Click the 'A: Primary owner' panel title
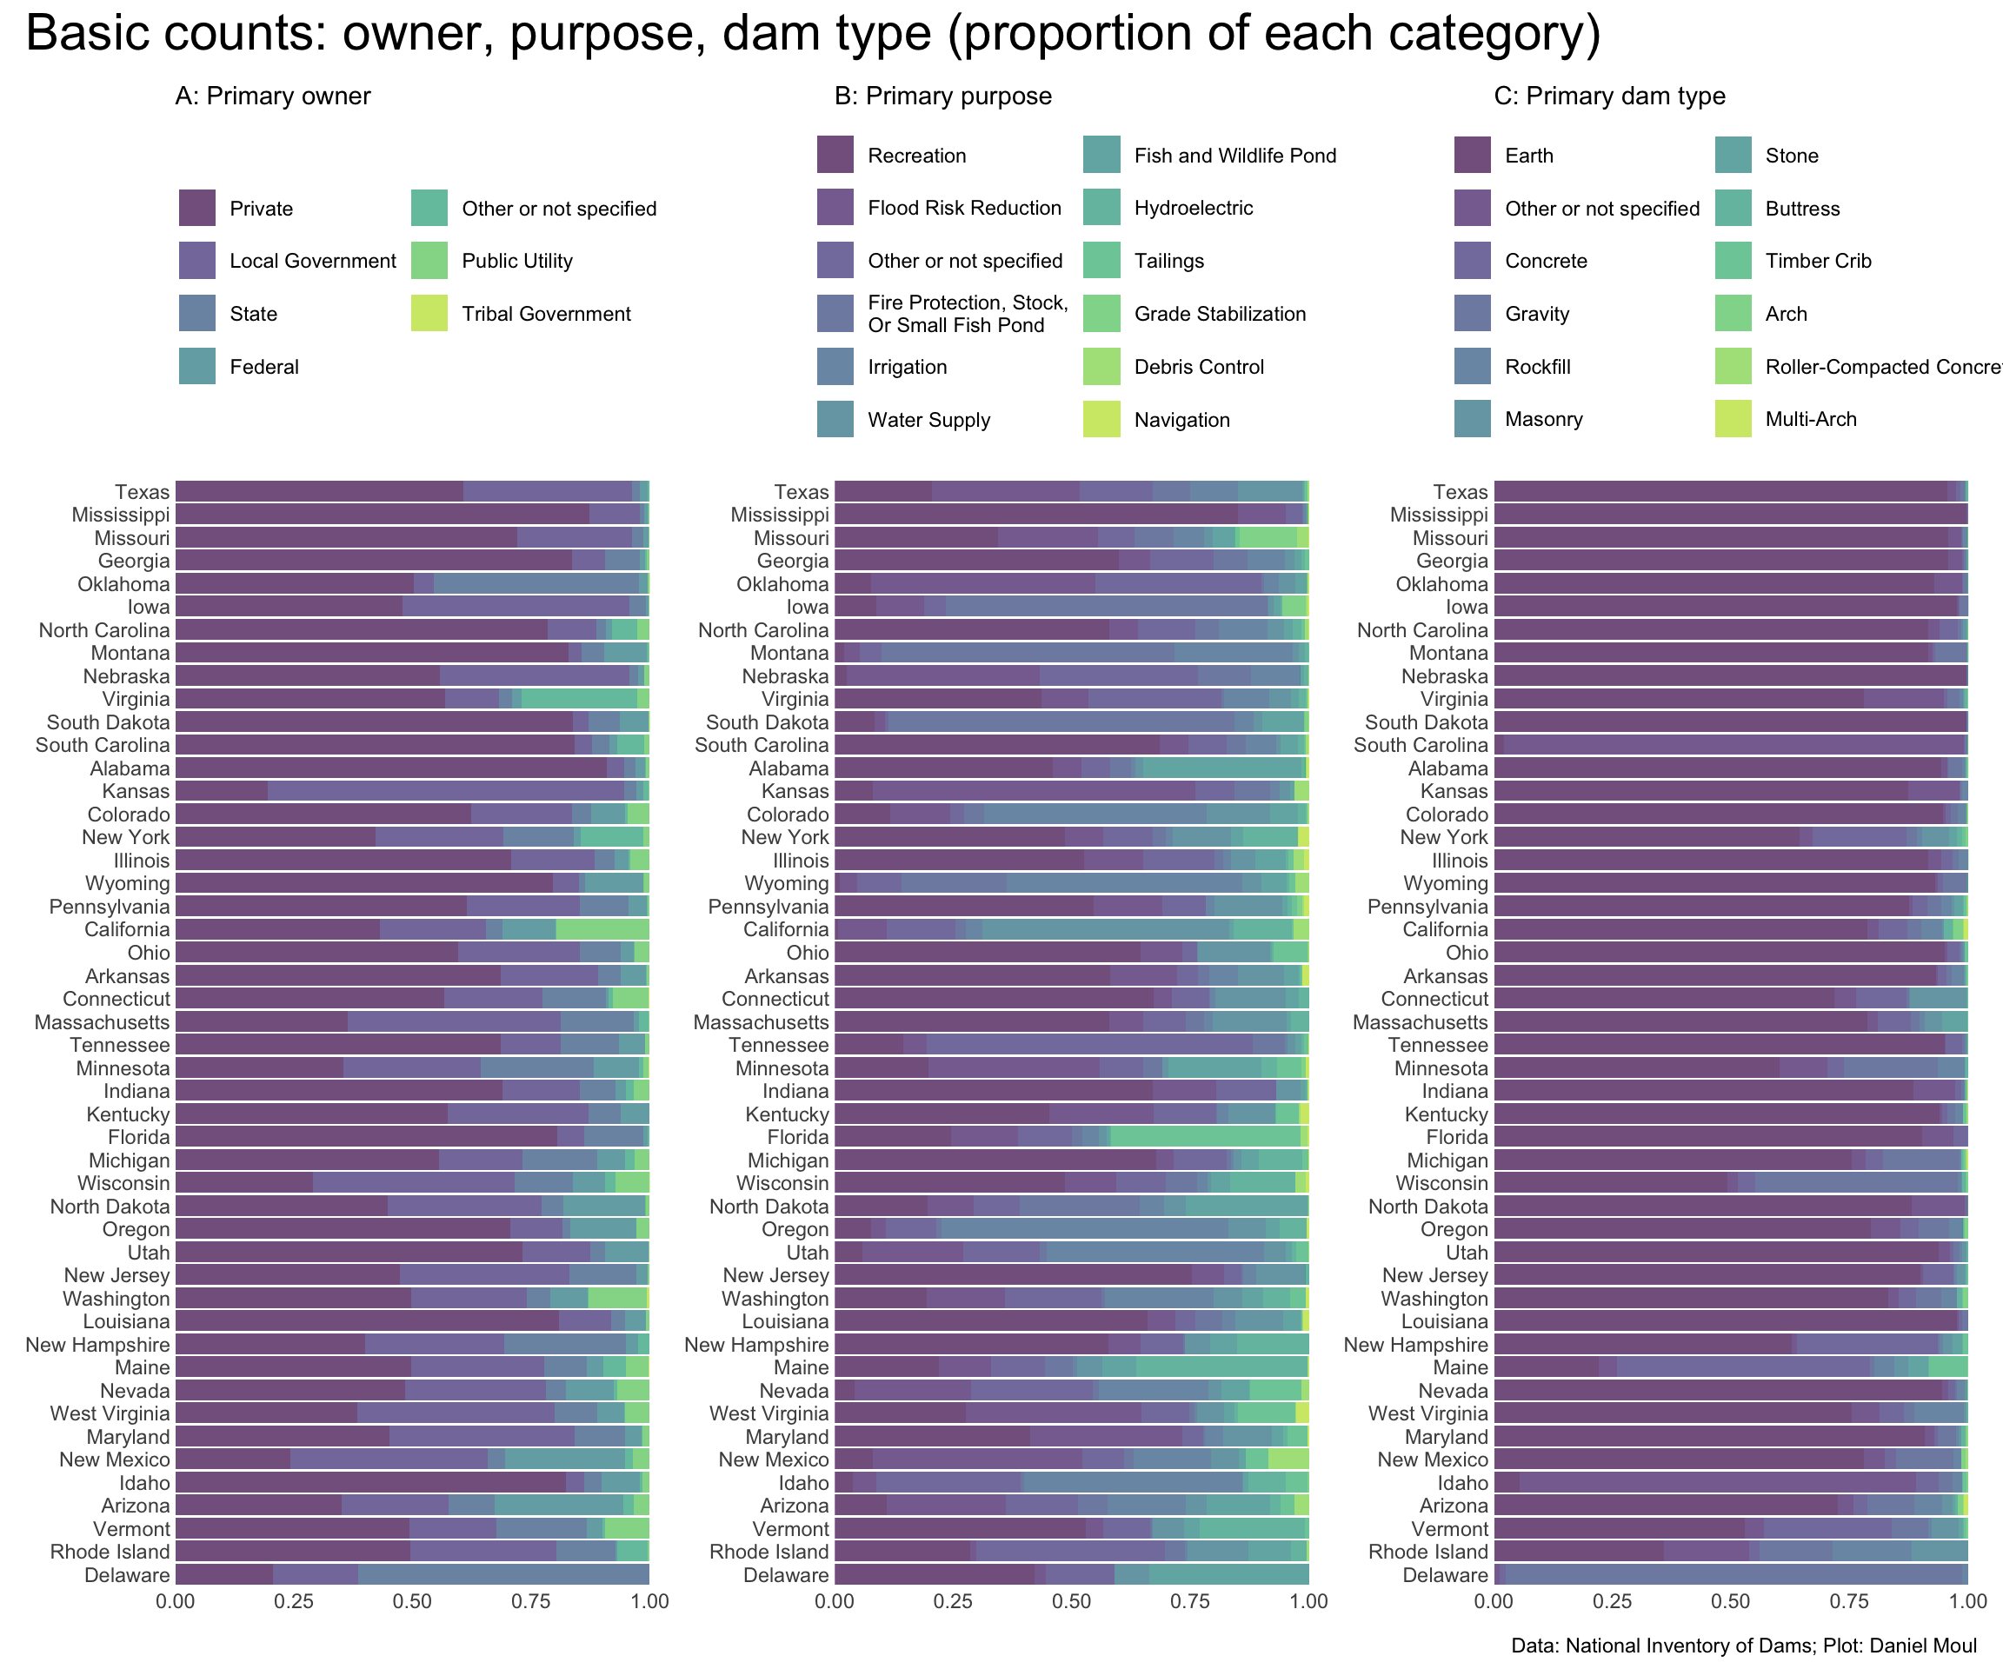[x=273, y=96]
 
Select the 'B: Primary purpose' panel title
[x=942, y=96]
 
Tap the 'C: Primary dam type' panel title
[x=1609, y=96]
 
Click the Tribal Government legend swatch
[x=429, y=314]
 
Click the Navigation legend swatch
[x=1101, y=420]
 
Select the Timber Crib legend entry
[x=1817, y=262]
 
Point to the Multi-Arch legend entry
[x=1810, y=420]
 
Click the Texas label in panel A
[x=142, y=492]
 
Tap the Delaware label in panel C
[x=1444, y=1575]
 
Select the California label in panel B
[x=786, y=930]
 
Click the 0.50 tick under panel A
[x=412, y=1601]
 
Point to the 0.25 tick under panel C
[x=1612, y=1601]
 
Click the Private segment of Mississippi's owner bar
[x=382, y=515]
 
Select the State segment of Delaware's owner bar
[x=503, y=1575]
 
